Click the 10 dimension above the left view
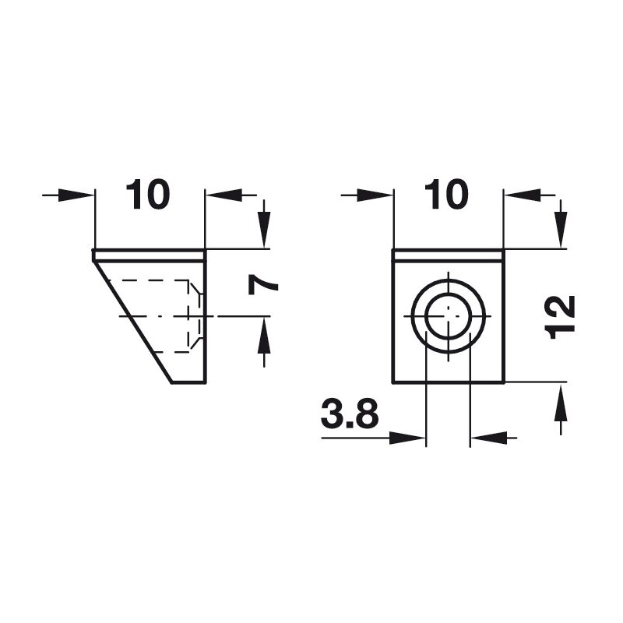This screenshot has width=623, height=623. (148, 195)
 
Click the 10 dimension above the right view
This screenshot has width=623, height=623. (446, 195)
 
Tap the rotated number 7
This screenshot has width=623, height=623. (262, 285)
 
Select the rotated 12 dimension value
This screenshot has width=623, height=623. (561, 317)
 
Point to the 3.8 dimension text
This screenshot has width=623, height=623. (350, 414)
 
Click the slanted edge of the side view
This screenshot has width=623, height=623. (133, 322)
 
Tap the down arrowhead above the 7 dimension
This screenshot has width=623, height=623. (264, 230)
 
